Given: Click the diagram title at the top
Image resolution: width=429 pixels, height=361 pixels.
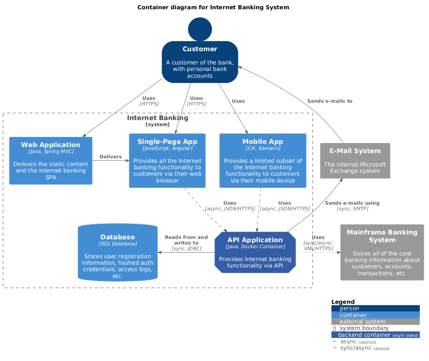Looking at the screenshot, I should [x=213, y=7].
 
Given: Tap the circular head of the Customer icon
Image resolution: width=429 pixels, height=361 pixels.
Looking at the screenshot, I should [x=200, y=29].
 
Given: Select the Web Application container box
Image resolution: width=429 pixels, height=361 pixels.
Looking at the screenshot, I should [x=51, y=161].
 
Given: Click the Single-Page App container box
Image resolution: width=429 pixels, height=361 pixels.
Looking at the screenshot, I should [x=167, y=161].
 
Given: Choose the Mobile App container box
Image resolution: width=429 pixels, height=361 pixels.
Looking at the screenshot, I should [x=263, y=161].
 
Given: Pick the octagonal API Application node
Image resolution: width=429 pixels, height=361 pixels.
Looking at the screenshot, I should [x=255, y=252].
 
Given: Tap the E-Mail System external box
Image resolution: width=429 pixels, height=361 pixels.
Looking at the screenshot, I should [x=355, y=161].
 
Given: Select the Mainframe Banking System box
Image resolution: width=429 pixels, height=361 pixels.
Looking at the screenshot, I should [x=382, y=252].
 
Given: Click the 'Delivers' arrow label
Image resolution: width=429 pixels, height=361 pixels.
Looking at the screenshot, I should [x=110, y=156].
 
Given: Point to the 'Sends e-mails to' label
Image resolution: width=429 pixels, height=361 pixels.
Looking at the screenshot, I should [x=329, y=101].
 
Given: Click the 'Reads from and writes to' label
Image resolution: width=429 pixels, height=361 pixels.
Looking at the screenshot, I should [x=186, y=240].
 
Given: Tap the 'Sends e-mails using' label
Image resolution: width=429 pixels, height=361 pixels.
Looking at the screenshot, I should [x=352, y=203].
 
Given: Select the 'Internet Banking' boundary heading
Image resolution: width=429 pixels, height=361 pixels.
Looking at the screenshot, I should [x=157, y=118].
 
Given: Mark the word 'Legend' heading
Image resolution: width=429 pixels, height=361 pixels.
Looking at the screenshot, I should [x=343, y=302].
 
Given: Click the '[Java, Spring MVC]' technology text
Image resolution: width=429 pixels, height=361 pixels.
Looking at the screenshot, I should [x=51, y=151].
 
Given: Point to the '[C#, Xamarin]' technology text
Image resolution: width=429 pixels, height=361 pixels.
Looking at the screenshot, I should [x=263, y=148].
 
